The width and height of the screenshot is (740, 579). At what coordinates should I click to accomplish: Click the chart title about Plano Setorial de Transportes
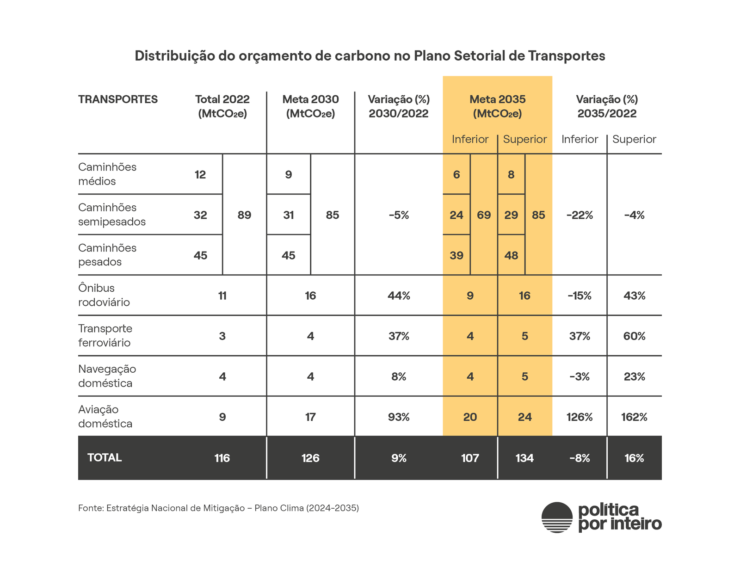tap(370, 56)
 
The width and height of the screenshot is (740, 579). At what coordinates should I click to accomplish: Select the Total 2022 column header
tap(222, 106)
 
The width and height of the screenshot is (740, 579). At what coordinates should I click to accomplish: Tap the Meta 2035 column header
tap(497, 106)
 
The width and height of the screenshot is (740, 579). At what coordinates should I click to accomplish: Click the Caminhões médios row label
tap(107, 174)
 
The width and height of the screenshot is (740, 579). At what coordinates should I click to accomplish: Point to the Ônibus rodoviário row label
tap(104, 295)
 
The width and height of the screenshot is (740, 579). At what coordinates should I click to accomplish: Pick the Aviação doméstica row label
tap(105, 416)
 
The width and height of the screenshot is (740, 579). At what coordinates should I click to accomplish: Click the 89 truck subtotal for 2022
tap(244, 215)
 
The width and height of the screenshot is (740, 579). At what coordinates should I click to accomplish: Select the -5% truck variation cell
tap(399, 215)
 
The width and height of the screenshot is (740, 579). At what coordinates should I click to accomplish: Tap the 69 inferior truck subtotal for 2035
tap(484, 215)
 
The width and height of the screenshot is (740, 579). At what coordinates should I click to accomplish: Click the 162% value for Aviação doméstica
tap(634, 417)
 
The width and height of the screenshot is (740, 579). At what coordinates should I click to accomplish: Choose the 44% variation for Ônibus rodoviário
tap(399, 296)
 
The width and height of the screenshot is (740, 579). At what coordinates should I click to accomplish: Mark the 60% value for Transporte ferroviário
tap(634, 336)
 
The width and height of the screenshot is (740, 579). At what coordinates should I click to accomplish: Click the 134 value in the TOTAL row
tap(524, 458)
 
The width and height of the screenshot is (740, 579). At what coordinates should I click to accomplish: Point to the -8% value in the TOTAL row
tap(580, 458)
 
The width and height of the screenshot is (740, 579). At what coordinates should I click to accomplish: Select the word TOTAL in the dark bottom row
tap(105, 458)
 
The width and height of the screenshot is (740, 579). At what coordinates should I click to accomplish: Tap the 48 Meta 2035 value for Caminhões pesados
tap(511, 255)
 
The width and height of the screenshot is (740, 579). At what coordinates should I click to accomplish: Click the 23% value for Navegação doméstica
tap(634, 377)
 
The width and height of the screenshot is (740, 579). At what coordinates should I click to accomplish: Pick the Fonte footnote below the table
tap(218, 508)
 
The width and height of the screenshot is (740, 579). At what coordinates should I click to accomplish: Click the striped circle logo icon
tap(557, 517)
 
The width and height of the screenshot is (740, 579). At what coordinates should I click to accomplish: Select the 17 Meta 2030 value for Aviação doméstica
tap(310, 417)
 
